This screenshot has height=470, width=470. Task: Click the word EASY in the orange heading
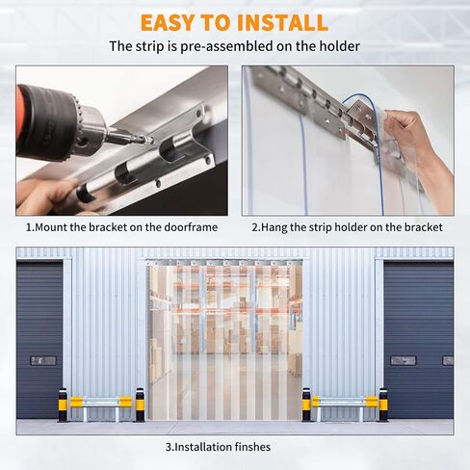tap(168, 22)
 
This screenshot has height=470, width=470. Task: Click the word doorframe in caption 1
tap(191, 227)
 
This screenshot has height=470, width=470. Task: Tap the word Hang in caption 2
tap(274, 227)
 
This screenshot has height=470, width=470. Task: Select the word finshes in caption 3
tap(252, 447)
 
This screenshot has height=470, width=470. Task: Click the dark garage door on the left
tap(39, 340)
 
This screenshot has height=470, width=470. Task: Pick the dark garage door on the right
tap(419, 340)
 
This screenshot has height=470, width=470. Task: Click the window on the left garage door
tap(43, 361)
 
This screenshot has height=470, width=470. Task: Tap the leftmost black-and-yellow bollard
tap(63, 405)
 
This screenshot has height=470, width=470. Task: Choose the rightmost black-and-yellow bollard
tap(383, 405)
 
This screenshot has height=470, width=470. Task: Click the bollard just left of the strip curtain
tap(140, 405)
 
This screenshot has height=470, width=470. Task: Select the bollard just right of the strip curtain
tap(306, 405)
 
